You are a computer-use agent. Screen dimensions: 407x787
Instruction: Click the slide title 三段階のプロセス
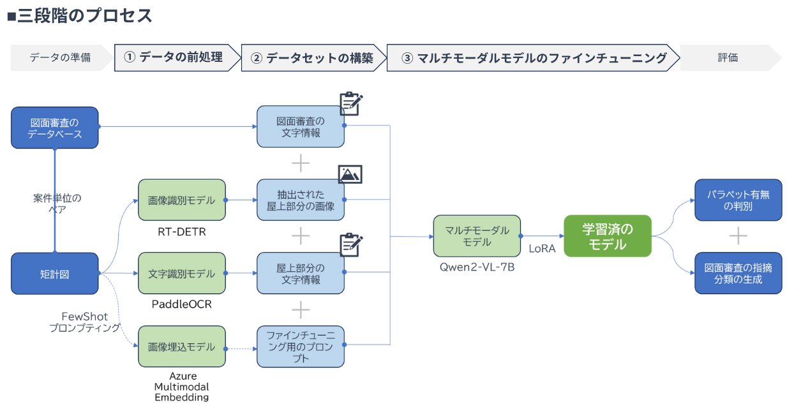[80, 15]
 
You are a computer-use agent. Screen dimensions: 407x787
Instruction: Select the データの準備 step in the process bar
[60, 57]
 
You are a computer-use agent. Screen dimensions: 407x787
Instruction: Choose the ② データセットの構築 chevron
[313, 57]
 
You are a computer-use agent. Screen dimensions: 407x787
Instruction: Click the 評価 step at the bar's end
[728, 57]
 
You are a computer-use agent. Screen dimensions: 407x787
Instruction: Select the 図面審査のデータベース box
[55, 128]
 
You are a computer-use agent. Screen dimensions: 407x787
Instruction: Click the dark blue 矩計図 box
[55, 274]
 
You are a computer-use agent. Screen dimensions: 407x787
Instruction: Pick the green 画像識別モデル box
[182, 200]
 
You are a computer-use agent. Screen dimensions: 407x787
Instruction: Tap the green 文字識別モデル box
[182, 274]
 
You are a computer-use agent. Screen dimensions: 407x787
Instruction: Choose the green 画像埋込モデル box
[182, 347]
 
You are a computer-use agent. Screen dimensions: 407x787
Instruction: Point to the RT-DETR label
[181, 232]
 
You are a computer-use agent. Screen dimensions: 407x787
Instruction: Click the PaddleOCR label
[181, 304]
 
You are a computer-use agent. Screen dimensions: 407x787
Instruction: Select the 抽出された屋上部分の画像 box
[301, 200]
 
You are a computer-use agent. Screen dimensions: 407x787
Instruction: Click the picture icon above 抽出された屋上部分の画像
[350, 174]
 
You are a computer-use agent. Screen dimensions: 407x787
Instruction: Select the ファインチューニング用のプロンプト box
[301, 347]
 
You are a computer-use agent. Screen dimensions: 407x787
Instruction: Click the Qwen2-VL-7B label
[477, 267]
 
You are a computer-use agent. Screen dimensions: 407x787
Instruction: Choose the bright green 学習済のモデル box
[608, 236]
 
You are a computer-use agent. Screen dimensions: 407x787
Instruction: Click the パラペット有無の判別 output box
[738, 200]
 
